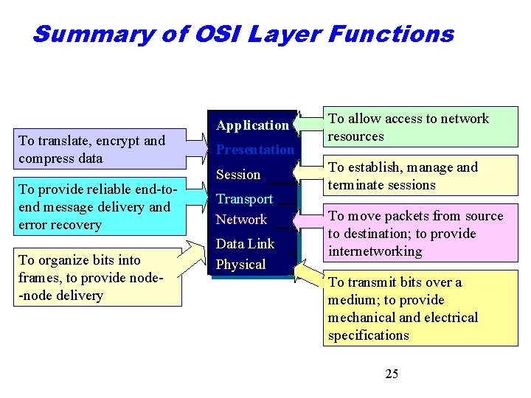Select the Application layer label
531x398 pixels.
[252, 125]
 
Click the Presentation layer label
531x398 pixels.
[254, 150]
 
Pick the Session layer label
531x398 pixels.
[237, 175]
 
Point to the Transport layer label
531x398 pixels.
[244, 199]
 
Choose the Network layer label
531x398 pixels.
[241, 220]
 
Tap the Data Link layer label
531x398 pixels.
[245, 244]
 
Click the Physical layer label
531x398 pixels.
[240, 265]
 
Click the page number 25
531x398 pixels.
[392, 374]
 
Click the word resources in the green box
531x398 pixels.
[355, 136]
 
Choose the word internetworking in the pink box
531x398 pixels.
[375, 251]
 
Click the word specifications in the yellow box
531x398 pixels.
[368, 335]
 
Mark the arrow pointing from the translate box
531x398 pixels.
[198, 147]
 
